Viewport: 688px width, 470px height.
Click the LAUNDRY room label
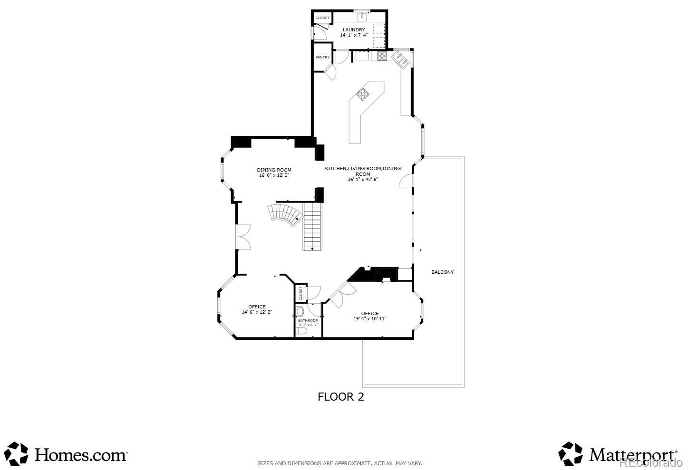(354, 30)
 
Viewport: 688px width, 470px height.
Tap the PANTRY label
(322, 58)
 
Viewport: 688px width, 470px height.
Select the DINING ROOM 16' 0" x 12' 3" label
(274, 173)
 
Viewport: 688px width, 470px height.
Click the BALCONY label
(442, 272)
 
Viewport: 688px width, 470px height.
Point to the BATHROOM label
(308, 320)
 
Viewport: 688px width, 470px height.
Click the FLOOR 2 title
(340, 397)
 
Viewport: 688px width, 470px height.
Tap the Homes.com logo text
(81, 455)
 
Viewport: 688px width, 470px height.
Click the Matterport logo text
(633, 455)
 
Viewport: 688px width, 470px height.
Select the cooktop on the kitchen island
(363, 94)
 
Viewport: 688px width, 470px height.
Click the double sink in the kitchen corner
(401, 60)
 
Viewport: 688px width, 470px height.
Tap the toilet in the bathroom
(301, 331)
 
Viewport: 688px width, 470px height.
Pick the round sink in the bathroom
(300, 311)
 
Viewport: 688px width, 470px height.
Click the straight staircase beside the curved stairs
(313, 227)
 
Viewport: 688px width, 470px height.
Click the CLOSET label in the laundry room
(322, 18)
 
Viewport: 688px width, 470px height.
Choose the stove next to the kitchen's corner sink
(382, 56)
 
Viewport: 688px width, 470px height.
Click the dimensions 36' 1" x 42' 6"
(363, 180)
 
